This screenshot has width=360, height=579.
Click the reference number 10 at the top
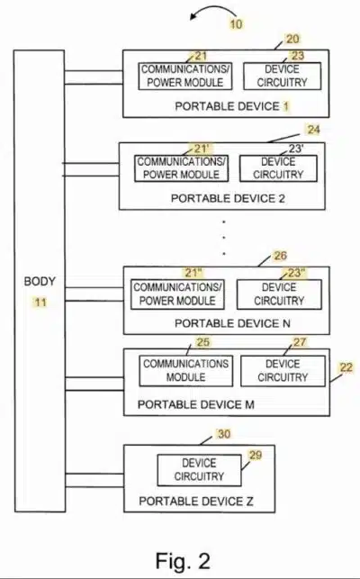[237, 24]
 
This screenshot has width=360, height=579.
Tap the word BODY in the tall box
[40, 281]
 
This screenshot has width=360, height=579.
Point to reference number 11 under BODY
[40, 303]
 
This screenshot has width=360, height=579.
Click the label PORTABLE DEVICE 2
[228, 199]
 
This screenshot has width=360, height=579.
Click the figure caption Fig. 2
[183, 560]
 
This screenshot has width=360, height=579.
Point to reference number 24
[313, 130]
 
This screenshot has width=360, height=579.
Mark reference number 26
[280, 256]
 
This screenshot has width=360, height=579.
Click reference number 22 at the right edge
[346, 367]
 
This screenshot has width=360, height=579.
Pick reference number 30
[224, 434]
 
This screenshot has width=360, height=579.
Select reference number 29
[255, 455]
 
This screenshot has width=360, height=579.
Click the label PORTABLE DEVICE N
[232, 323]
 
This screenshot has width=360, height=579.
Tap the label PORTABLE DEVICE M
[195, 404]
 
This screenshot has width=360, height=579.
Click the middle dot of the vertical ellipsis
[224, 238]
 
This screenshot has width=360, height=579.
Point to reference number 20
[292, 39]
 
